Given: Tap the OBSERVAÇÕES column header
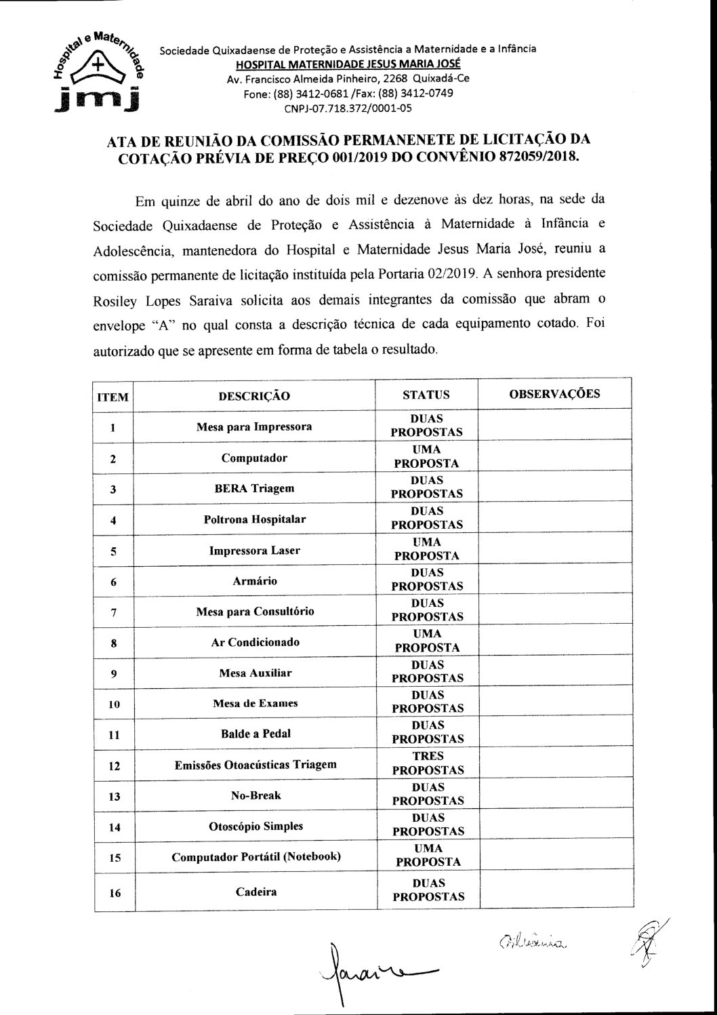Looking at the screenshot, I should [554, 394].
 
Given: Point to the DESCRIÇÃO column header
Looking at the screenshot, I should [254, 395].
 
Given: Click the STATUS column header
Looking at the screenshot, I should [426, 395].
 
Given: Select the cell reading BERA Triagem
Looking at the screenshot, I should [254, 488].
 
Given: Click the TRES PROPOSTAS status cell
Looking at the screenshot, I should [428, 763].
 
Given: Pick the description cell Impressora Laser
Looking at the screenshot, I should [254, 550].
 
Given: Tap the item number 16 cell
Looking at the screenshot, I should [114, 893].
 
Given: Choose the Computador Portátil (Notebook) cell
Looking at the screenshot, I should [255, 856].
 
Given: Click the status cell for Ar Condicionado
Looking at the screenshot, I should [427, 641].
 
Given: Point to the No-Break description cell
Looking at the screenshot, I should [255, 795].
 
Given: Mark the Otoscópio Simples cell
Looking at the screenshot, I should [254, 826].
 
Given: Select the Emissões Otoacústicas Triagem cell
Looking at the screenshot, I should [254, 764].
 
